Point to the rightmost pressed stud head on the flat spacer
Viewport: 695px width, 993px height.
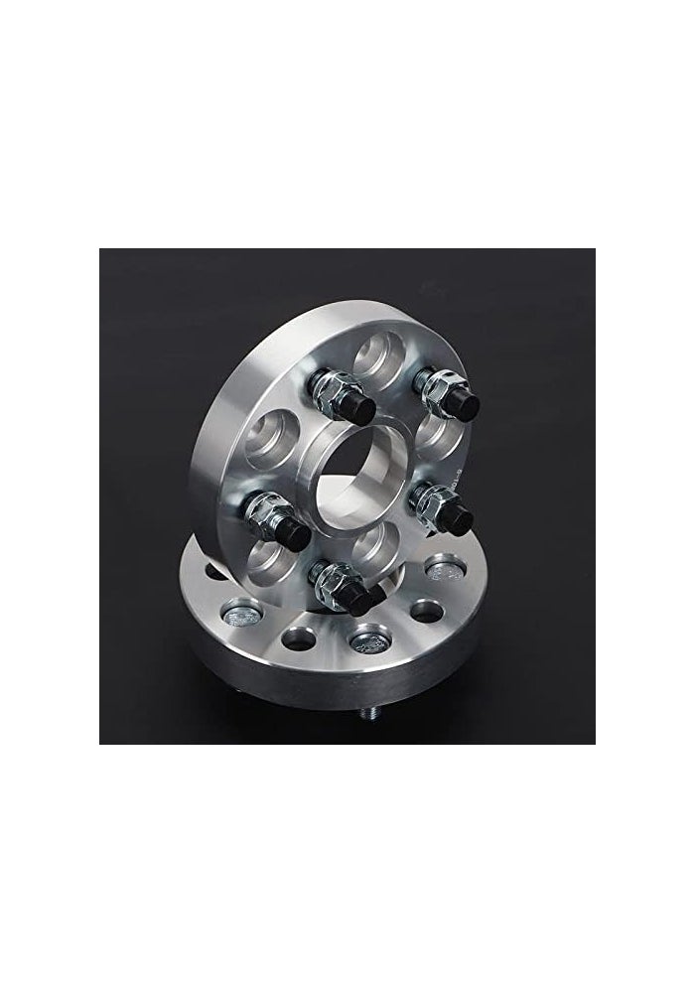442,571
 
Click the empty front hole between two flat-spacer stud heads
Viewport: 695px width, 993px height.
298,632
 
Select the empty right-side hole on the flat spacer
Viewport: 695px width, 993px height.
427,608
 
